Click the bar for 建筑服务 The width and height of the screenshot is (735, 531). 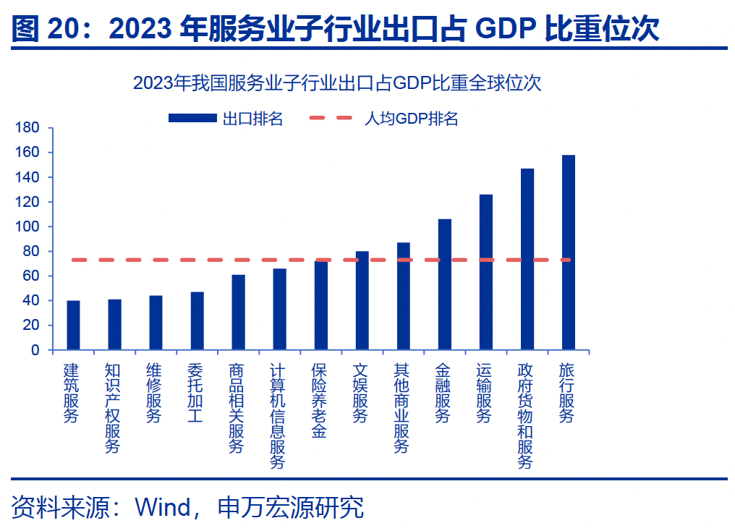coord(73,325)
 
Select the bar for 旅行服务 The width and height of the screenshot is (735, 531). coord(569,252)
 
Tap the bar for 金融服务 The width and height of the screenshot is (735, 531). coord(445,284)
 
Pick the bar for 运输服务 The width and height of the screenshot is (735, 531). coord(486,272)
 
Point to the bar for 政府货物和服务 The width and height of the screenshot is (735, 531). coord(527,259)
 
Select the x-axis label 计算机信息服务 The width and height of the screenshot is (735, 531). coord(278,416)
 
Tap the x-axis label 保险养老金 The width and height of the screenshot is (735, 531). coord(319,401)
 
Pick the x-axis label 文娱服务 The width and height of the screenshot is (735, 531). coord(360,393)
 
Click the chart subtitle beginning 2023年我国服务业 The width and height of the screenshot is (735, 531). coord(337,83)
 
